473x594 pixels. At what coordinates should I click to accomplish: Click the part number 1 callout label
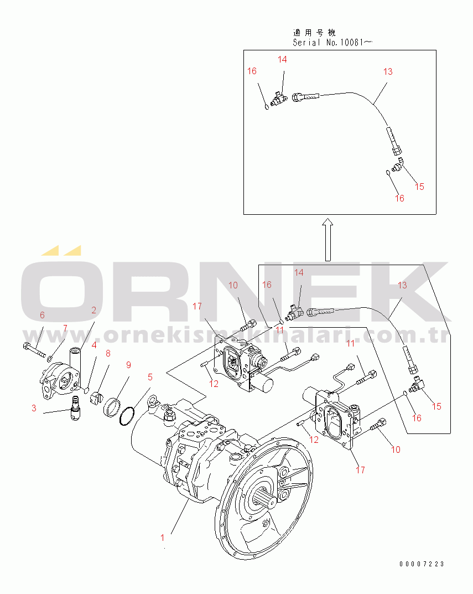pos(163,537)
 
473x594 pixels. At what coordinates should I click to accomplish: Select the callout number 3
pos(34,409)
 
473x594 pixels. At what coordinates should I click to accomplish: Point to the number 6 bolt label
pos(41,315)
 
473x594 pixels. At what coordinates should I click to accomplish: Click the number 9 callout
pos(128,365)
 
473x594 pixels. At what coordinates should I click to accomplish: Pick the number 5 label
pos(150,378)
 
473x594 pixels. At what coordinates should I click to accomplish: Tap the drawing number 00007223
pos(422,564)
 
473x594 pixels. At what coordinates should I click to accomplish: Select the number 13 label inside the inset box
pos(387,71)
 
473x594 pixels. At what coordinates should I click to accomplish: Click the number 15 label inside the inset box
pos(419,187)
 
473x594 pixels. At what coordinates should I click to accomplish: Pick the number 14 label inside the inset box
pos(282,59)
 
